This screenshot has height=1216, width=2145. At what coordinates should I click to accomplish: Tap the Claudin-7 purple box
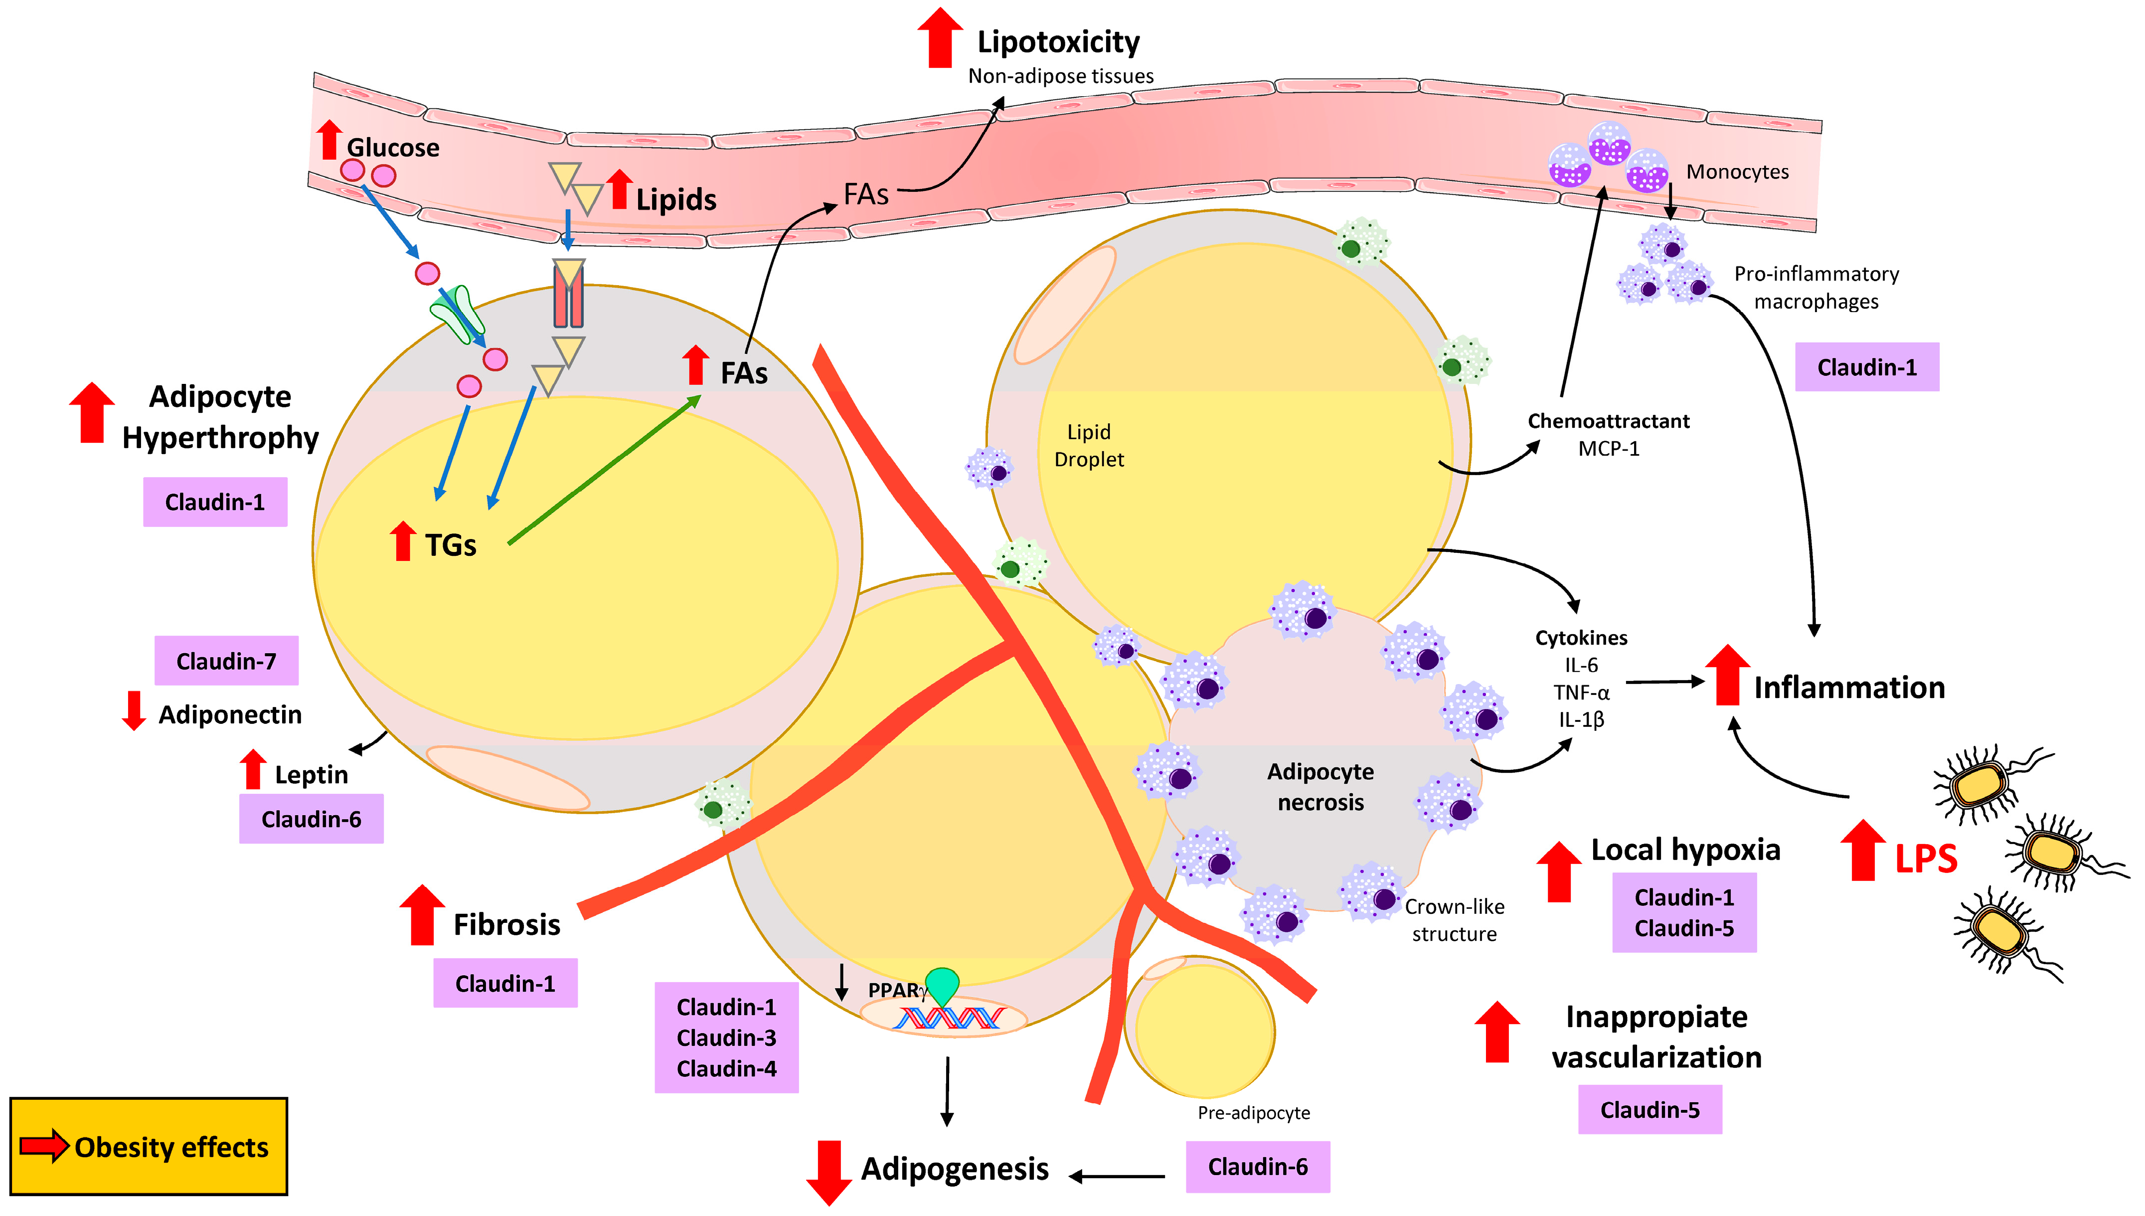(x=226, y=661)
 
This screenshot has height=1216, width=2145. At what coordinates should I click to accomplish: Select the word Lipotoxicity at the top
(x=1058, y=42)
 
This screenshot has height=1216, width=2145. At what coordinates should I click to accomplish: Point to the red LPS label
(x=1925, y=859)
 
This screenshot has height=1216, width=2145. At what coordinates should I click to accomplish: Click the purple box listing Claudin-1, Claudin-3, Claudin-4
(x=726, y=1038)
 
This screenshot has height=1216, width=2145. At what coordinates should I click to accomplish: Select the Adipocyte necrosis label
(x=1320, y=787)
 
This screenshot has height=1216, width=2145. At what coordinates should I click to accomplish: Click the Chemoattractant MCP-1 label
(x=1608, y=434)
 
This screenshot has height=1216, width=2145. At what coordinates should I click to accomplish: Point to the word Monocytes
(x=1738, y=172)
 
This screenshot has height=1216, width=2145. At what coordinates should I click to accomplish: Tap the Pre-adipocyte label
(x=1253, y=1112)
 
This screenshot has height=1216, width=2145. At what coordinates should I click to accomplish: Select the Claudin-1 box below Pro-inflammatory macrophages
(x=1867, y=367)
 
